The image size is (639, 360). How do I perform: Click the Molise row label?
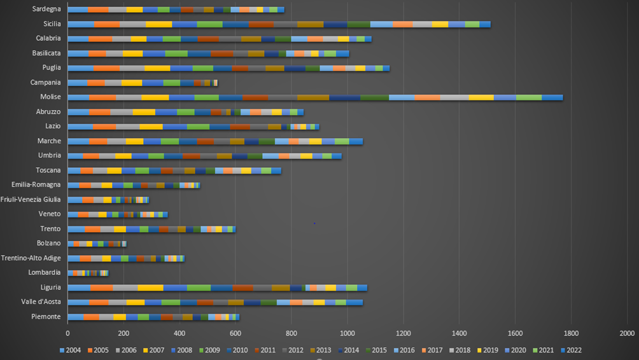[x=50, y=97]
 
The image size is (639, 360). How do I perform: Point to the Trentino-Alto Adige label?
[x=31, y=258]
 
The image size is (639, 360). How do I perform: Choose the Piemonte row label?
[x=46, y=316]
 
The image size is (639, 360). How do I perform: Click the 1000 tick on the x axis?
[x=347, y=333]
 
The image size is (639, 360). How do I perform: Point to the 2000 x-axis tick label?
[x=627, y=333]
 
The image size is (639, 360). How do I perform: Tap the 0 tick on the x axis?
[x=67, y=333]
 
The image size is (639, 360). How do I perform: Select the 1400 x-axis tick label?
[x=459, y=333]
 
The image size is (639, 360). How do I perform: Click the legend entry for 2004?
[x=74, y=350]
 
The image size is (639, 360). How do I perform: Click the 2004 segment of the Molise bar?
[x=78, y=97]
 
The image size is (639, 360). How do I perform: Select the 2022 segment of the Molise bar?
[x=552, y=97]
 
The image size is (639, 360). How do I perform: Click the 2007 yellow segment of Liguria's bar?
[x=150, y=287]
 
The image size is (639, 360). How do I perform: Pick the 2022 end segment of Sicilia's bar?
[x=485, y=24]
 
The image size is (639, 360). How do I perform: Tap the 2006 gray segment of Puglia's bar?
[x=132, y=68]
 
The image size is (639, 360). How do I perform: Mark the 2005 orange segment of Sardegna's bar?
[x=98, y=10]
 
